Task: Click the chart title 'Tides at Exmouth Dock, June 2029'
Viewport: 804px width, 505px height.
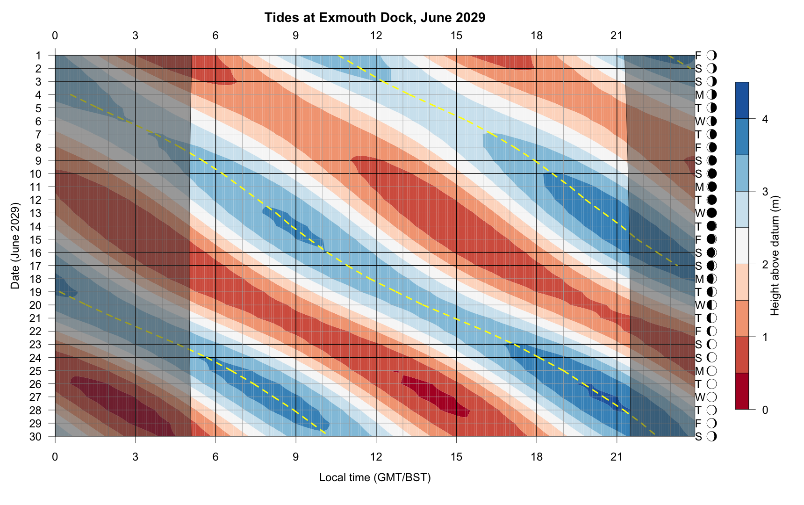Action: pyautogui.click(x=374, y=18)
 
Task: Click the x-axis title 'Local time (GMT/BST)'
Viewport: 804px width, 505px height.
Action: pyautogui.click(x=374, y=477)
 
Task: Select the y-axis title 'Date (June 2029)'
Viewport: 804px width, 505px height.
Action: pyautogui.click(x=15, y=246)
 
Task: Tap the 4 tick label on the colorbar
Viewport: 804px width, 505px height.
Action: pyautogui.click(x=765, y=119)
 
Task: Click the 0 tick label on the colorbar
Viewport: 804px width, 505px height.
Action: pyautogui.click(x=765, y=410)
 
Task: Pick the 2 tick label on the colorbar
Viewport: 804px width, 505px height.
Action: pyautogui.click(x=765, y=265)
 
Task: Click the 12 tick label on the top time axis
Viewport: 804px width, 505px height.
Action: pyautogui.click(x=376, y=36)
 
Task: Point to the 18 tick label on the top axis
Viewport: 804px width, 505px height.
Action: pyautogui.click(x=537, y=36)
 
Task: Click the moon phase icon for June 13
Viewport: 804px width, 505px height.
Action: pyautogui.click(x=712, y=213)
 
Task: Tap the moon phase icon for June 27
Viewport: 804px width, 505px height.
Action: pyautogui.click(x=712, y=397)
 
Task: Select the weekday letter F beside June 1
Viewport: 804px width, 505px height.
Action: pyautogui.click(x=698, y=56)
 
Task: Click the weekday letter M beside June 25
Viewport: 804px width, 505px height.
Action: pyautogui.click(x=699, y=371)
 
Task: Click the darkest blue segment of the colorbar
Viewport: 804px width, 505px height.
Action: pyautogui.click(x=742, y=101)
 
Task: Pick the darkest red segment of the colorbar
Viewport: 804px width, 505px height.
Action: pyautogui.click(x=742, y=391)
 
